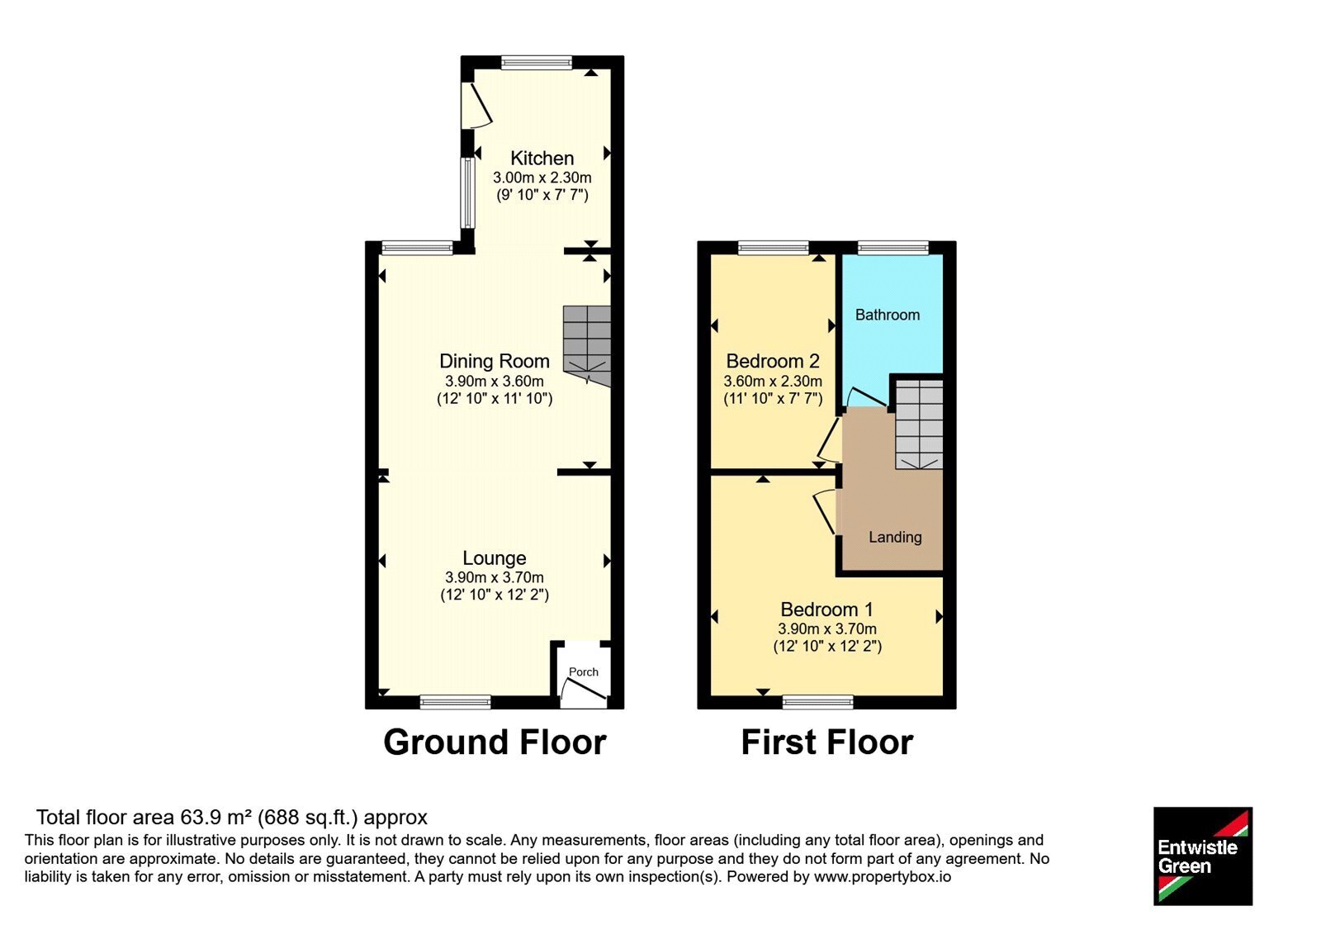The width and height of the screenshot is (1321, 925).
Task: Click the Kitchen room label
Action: [x=542, y=158]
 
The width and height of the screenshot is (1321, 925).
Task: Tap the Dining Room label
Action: [x=495, y=361]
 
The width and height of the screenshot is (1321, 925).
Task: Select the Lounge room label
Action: [x=495, y=558]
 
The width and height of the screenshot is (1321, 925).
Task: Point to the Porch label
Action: [x=583, y=672]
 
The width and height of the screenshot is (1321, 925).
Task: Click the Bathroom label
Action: [x=888, y=315]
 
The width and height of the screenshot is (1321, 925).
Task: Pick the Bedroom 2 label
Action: [x=773, y=361]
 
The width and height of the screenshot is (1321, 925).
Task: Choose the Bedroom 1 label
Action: [x=826, y=610]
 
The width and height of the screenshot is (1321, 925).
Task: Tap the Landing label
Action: [x=895, y=538]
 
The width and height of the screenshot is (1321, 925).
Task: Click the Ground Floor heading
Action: [x=495, y=742]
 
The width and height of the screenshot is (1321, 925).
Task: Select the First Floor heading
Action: [x=826, y=742]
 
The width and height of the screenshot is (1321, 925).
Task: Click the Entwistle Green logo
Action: [x=1202, y=856]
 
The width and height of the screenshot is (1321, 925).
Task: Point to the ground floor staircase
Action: [x=587, y=346]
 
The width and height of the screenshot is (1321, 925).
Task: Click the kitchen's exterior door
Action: [x=476, y=105]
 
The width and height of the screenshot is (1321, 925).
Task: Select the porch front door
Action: [x=583, y=693]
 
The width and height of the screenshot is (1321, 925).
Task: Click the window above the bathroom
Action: [x=893, y=249]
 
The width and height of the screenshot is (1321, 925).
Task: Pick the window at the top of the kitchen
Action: [x=537, y=63]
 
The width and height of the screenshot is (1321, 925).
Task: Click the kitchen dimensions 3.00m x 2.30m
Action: [x=542, y=178]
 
